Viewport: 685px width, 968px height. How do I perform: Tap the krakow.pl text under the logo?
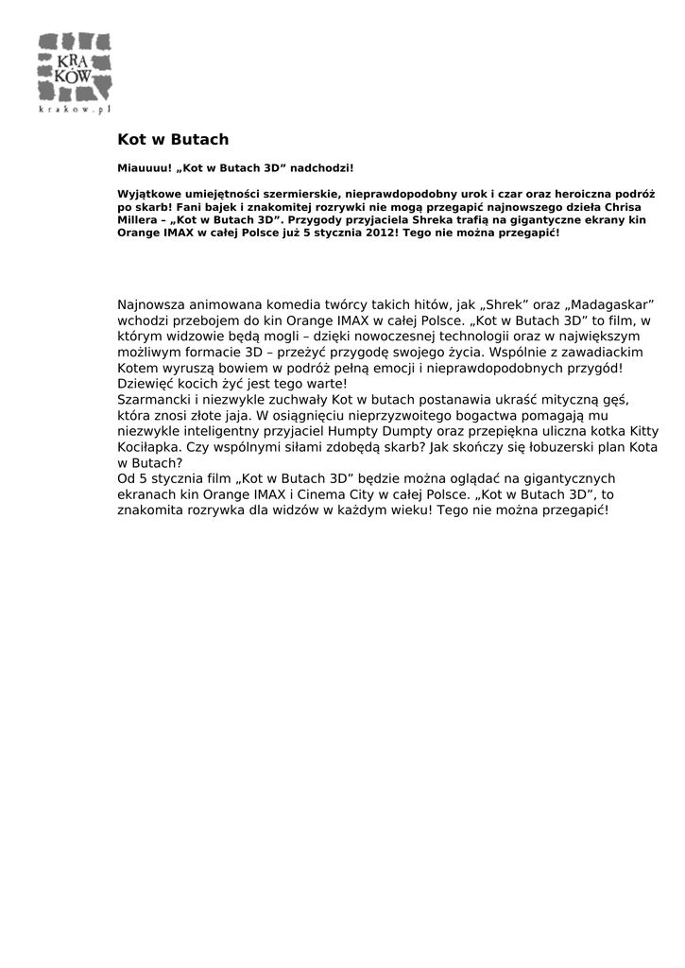(x=75, y=110)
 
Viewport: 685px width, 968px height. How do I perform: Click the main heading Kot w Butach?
(x=173, y=140)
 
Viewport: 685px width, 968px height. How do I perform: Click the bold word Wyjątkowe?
(x=148, y=193)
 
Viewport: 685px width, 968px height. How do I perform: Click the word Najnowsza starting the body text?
(x=151, y=305)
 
